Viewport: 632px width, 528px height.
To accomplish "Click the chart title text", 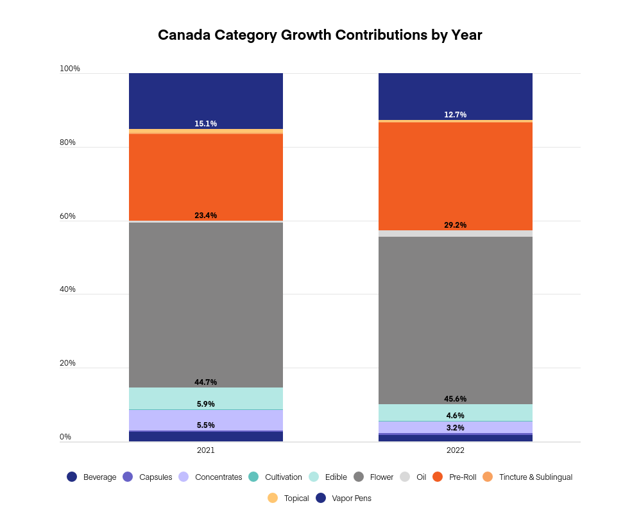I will pos(320,35).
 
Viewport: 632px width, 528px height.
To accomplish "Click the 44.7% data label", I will pos(205,382).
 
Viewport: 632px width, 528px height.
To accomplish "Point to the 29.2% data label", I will pos(455,225).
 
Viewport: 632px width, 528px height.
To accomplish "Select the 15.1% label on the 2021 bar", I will pos(205,124).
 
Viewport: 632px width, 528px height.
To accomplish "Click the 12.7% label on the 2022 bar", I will pos(455,115).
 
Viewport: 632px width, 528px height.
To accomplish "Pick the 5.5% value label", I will pos(205,425).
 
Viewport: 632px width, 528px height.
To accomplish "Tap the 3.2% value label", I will pos(455,428).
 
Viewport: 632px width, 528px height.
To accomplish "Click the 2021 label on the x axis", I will pos(205,450).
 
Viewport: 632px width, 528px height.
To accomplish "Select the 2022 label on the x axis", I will pos(455,450).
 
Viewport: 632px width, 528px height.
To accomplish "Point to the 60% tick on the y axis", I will pos(67,216).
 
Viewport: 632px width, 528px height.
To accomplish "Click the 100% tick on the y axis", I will pos(69,69).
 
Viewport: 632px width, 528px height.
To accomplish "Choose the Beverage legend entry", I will pos(92,477).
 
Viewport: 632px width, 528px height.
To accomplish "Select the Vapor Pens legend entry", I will pos(344,498).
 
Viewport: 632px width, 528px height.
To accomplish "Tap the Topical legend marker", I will pos(273,498).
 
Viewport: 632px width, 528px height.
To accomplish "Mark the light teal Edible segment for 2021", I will pos(205,397).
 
